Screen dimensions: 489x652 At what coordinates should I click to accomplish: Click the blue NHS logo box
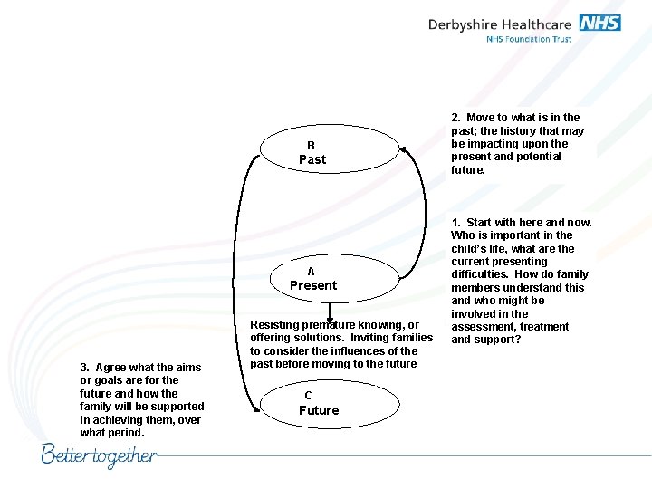[599, 23]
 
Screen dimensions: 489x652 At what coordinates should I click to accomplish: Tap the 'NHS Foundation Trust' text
[529, 39]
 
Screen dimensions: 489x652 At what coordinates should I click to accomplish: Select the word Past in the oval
[312, 159]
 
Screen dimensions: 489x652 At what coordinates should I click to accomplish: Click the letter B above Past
[311, 145]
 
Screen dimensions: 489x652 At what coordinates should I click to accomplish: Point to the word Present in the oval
[312, 285]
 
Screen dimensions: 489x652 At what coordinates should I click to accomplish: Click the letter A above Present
[311, 272]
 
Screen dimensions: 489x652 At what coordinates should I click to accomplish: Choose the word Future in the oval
[319, 410]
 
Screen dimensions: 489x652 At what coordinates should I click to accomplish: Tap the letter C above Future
[308, 396]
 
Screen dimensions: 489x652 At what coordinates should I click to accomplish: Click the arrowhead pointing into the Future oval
[331, 316]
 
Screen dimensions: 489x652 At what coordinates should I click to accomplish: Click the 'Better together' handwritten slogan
[100, 455]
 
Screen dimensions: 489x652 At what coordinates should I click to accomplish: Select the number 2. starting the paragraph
[456, 118]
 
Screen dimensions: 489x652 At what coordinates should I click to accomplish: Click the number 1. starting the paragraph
[456, 223]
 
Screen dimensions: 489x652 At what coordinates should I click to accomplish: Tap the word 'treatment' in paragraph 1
[544, 327]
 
